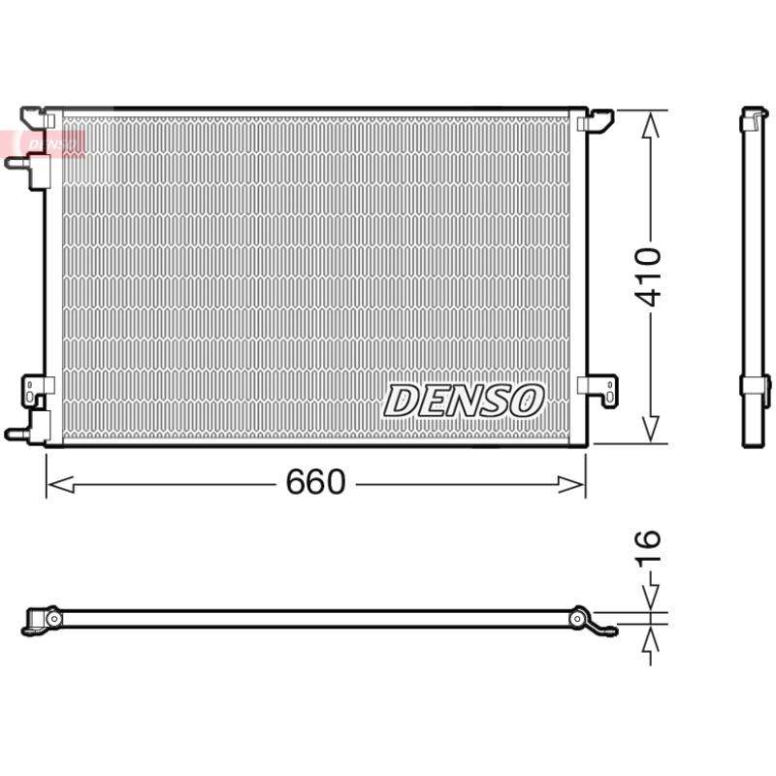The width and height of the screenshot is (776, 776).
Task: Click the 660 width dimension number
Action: [315, 482]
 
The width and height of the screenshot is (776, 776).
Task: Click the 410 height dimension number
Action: [649, 276]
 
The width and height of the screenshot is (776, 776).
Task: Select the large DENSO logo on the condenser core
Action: [465, 400]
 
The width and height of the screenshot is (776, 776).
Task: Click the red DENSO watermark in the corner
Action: [48, 143]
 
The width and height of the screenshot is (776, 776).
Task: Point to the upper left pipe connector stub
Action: [17, 163]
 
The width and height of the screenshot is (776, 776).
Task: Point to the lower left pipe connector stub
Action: [17, 433]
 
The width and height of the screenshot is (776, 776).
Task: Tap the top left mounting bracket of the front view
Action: [37, 116]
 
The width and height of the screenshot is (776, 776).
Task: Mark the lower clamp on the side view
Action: [755, 384]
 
